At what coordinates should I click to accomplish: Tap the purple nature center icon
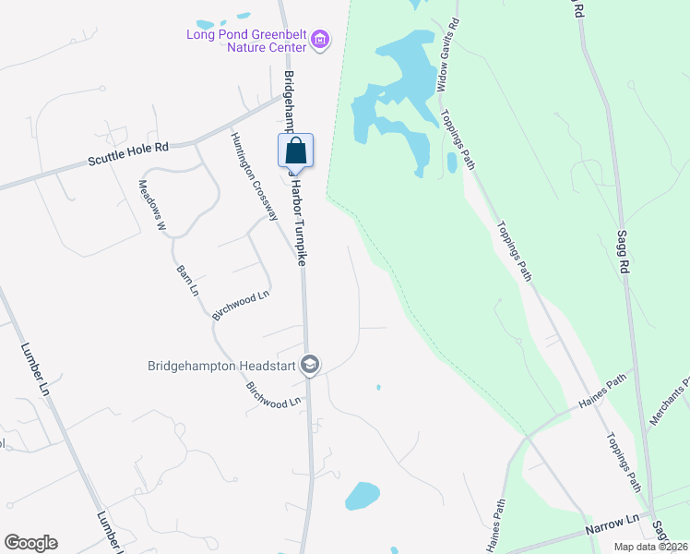pos(320,40)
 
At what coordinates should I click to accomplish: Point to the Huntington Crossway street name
pos(255,175)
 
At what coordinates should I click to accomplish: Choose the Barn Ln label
pos(187,281)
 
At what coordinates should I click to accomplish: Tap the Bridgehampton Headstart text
pos(220,366)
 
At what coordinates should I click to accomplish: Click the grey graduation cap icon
pos(310,366)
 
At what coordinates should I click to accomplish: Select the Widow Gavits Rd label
pos(448,55)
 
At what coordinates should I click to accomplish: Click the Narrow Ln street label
pos(613,530)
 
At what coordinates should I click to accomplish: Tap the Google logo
pos(30,543)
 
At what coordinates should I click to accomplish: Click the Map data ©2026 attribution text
pos(650,547)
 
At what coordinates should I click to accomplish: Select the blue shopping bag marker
pos(296,151)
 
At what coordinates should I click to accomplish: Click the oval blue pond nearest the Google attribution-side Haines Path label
pos(363,496)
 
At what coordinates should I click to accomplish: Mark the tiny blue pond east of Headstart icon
pos(378,387)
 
